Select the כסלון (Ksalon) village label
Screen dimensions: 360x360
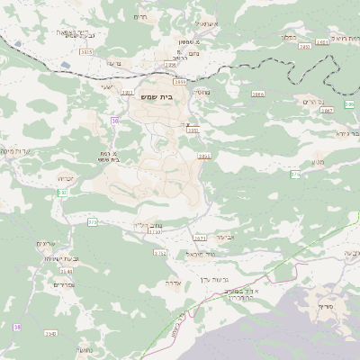click(x=288, y=37)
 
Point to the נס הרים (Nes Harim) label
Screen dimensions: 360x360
click(x=308, y=102)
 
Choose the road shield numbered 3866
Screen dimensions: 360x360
click(x=258, y=93)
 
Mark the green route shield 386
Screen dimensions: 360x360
click(x=349, y=104)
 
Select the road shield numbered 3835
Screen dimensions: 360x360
click(x=86, y=52)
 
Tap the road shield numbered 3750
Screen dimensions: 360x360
click(x=155, y=231)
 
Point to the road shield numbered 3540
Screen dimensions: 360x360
click(x=50, y=334)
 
